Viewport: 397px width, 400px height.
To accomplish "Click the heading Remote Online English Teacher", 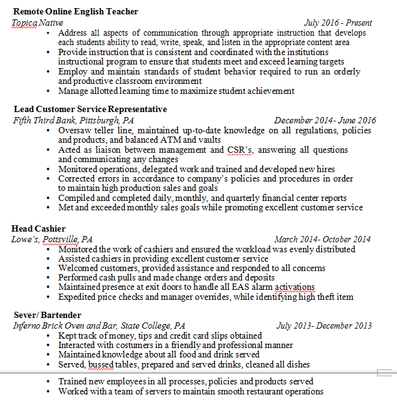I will (x=75, y=12).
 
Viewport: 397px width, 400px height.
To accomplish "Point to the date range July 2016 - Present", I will (x=337, y=23).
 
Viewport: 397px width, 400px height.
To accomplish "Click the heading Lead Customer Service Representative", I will (x=90, y=109).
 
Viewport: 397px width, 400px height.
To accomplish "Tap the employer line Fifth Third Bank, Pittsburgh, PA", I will (x=73, y=120).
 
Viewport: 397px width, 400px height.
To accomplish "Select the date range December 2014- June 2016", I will (x=325, y=120).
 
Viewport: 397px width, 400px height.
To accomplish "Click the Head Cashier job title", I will (x=38, y=228).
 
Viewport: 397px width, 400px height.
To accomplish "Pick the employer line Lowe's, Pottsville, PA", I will (x=52, y=239).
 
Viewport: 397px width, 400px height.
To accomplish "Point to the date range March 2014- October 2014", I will (x=322, y=239).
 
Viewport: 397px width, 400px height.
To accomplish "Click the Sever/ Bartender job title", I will (x=47, y=315).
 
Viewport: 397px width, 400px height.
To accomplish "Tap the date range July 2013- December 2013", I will (x=324, y=326).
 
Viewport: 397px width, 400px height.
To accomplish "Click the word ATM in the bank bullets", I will (x=169, y=140).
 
